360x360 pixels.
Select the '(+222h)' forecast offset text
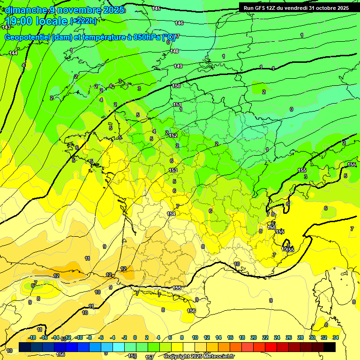(x=83, y=21)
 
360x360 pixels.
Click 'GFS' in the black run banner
(x=262, y=8)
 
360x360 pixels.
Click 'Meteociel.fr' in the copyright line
(x=218, y=357)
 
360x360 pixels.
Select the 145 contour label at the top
(x=156, y=8)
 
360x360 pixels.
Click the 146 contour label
(x=179, y=23)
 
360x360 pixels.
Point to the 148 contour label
(x=175, y=51)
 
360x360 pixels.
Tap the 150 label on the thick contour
(x=176, y=86)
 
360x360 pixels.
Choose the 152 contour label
(x=173, y=135)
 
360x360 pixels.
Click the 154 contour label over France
(x=172, y=214)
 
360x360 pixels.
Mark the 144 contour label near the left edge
(x=14, y=53)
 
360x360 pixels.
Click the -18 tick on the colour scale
(x=32, y=337)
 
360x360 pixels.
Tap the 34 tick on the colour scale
(x=335, y=337)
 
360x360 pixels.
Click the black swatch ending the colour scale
(x=330, y=347)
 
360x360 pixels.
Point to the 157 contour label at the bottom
(x=149, y=357)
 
